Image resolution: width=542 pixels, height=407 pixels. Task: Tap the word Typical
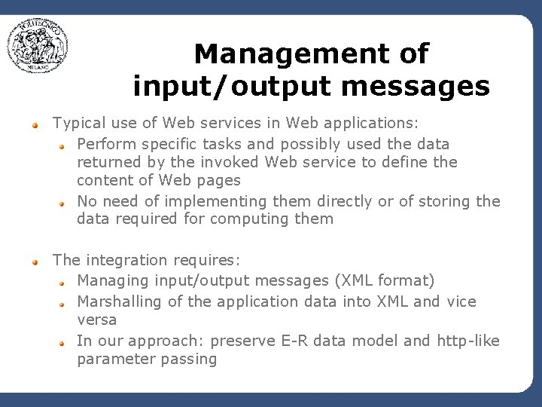[x=78, y=122]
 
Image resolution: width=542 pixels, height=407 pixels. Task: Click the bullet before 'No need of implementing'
[x=65, y=203]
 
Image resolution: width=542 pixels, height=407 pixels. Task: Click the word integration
[x=126, y=260]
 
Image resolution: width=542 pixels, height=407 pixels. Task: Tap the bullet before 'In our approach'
[x=65, y=342]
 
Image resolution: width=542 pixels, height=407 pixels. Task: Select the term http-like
[x=467, y=341]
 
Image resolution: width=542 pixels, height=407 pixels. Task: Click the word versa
[x=96, y=320]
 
